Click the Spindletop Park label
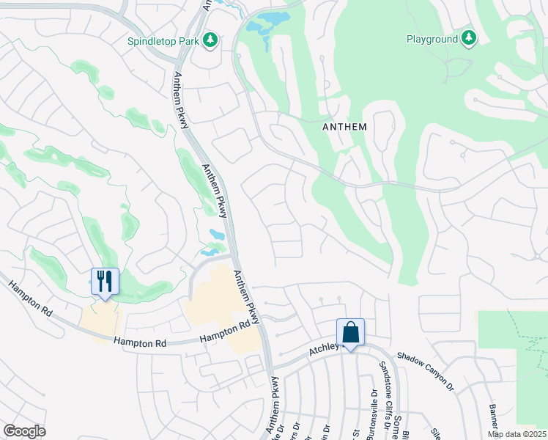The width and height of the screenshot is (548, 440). click(x=163, y=41)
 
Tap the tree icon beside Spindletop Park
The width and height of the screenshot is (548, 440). click(x=211, y=39)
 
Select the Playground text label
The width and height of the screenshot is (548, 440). click(x=432, y=39)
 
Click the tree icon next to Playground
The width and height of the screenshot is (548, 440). click(x=469, y=37)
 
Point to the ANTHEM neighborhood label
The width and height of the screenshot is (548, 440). click(x=344, y=127)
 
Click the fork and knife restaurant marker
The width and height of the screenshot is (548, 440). click(x=105, y=282)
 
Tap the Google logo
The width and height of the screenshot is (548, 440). click(x=24, y=431)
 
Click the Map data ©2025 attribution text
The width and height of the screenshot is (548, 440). click(x=517, y=434)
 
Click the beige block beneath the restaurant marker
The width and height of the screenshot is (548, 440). click(x=100, y=322)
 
